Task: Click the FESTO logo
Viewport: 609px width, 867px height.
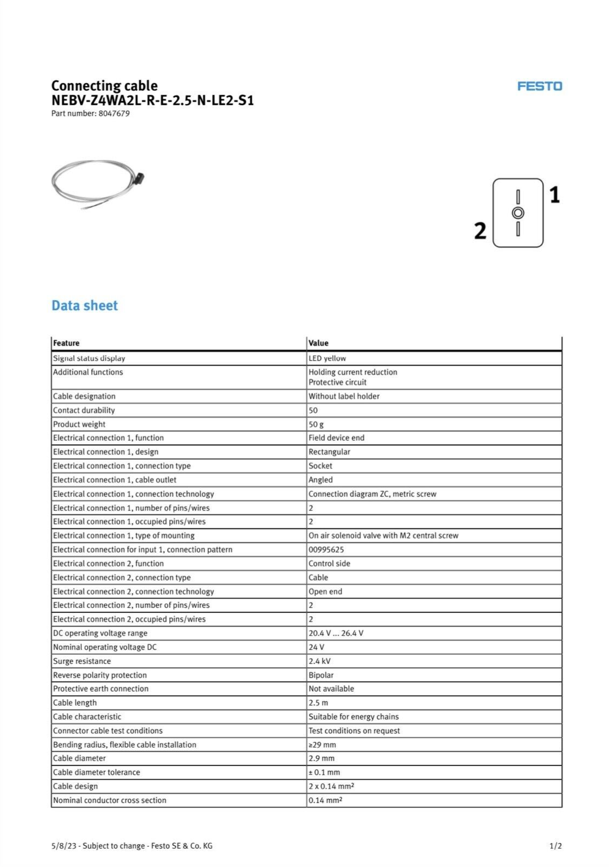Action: tap(539, 86)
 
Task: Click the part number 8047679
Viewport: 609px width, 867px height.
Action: tap(114, 113)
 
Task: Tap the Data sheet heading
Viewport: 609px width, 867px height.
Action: tap(85, 306)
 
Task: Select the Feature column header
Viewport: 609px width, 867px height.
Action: tap(66, 343)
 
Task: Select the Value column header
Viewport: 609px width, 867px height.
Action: tap(318, 343)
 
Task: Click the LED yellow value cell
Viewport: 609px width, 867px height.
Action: tap(327, 358)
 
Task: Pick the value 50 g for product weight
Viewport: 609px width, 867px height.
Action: tap(316, 425)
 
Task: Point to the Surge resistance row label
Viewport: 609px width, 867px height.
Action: tap(82, 661)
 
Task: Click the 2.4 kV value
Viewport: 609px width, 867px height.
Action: tap(319, 661)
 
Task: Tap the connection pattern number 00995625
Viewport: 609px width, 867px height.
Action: tap(326, 549)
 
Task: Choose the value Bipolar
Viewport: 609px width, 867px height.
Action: tap(321, 675)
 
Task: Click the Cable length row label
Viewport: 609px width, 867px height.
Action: tap(75, 703)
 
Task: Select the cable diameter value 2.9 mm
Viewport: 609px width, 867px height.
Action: tap(321, 758)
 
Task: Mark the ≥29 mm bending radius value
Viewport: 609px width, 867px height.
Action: tap(322, 745)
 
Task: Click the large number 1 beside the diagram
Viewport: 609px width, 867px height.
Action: tap(554, 195)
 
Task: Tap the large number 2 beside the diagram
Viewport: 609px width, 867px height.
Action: tap(480, 231)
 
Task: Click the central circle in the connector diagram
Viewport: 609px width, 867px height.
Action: tap(518, 213)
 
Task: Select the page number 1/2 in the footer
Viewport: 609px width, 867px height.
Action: tap(555, 846)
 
